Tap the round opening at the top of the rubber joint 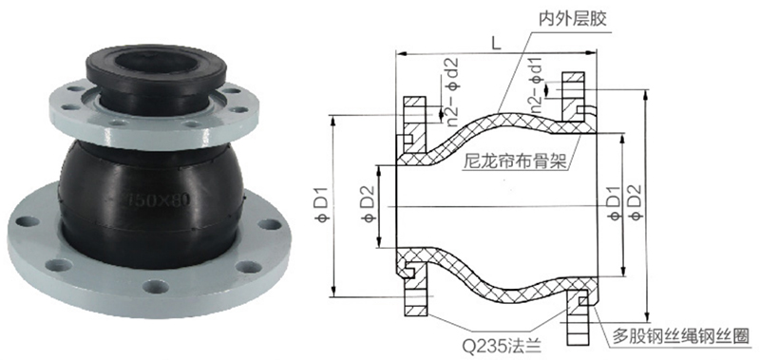point(155,63)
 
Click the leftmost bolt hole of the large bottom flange point(28,221)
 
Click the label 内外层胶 point(573,18)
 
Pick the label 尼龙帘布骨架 point(515,160)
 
